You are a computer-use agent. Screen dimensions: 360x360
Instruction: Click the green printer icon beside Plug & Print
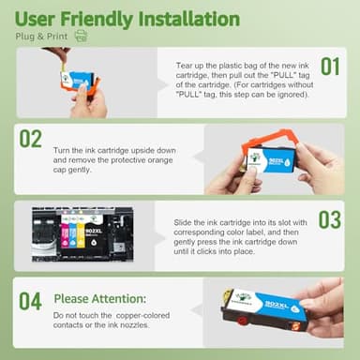(81, 36)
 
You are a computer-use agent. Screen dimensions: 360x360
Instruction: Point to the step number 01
(330, 67)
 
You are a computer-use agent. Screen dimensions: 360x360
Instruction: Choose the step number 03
(329, 220)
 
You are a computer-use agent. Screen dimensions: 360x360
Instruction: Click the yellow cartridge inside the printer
(80, 235)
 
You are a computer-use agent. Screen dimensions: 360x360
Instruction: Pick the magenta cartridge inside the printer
(67, 235)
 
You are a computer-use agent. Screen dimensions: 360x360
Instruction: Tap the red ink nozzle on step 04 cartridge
(247, 325)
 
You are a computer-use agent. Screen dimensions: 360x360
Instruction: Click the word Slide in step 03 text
(184, 222)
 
